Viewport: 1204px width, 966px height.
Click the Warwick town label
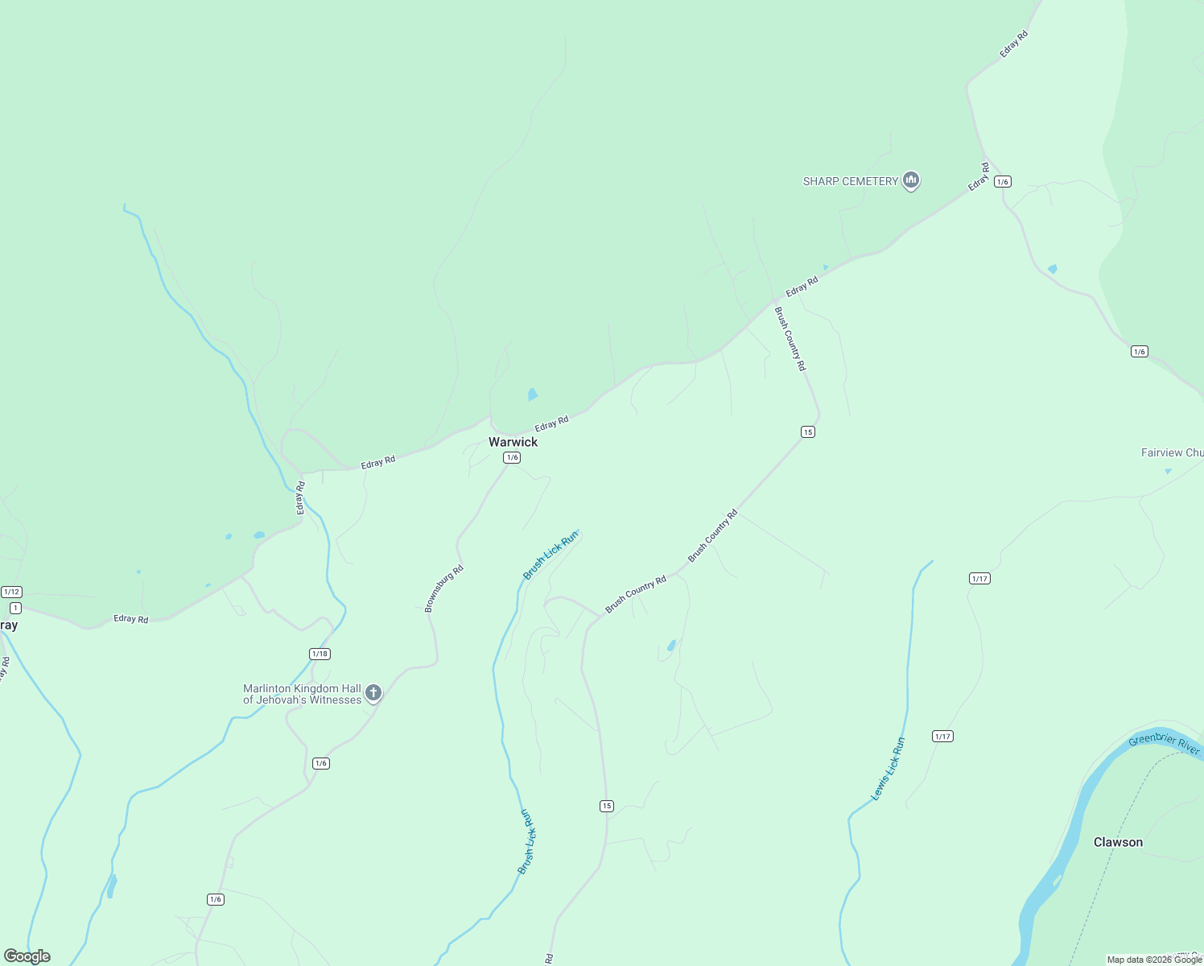coord(513,442)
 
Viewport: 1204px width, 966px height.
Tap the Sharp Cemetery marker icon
coord(911,180)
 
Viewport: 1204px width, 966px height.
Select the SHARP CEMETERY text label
coord(850,181)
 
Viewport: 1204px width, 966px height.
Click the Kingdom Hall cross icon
coord(373,692)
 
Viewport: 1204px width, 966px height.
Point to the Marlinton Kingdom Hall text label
coord(302,694)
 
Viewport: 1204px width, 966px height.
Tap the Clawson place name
coord(1118,842)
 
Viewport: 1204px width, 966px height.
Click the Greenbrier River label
coord(1164,745)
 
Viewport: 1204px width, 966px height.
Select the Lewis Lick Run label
coord(889,769)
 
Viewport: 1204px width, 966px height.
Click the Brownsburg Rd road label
coord(444,588)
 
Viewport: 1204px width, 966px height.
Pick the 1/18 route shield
coord(320,654)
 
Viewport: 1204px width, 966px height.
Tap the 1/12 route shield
coord(11,592)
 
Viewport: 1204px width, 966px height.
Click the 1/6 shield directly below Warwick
coord(512,457)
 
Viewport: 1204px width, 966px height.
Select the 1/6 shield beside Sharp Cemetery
coord(1002,182)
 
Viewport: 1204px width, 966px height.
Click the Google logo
coord(27,956)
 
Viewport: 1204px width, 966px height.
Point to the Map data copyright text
coord(1154,960)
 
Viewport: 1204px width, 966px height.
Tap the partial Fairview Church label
coord(1172,452)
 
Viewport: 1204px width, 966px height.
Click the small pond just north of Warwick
coord(532,394)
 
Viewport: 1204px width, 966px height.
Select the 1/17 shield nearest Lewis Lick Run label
coord(942,736)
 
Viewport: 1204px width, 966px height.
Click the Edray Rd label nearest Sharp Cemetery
coord(979,177)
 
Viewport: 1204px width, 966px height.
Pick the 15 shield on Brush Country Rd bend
coord(808,431)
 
